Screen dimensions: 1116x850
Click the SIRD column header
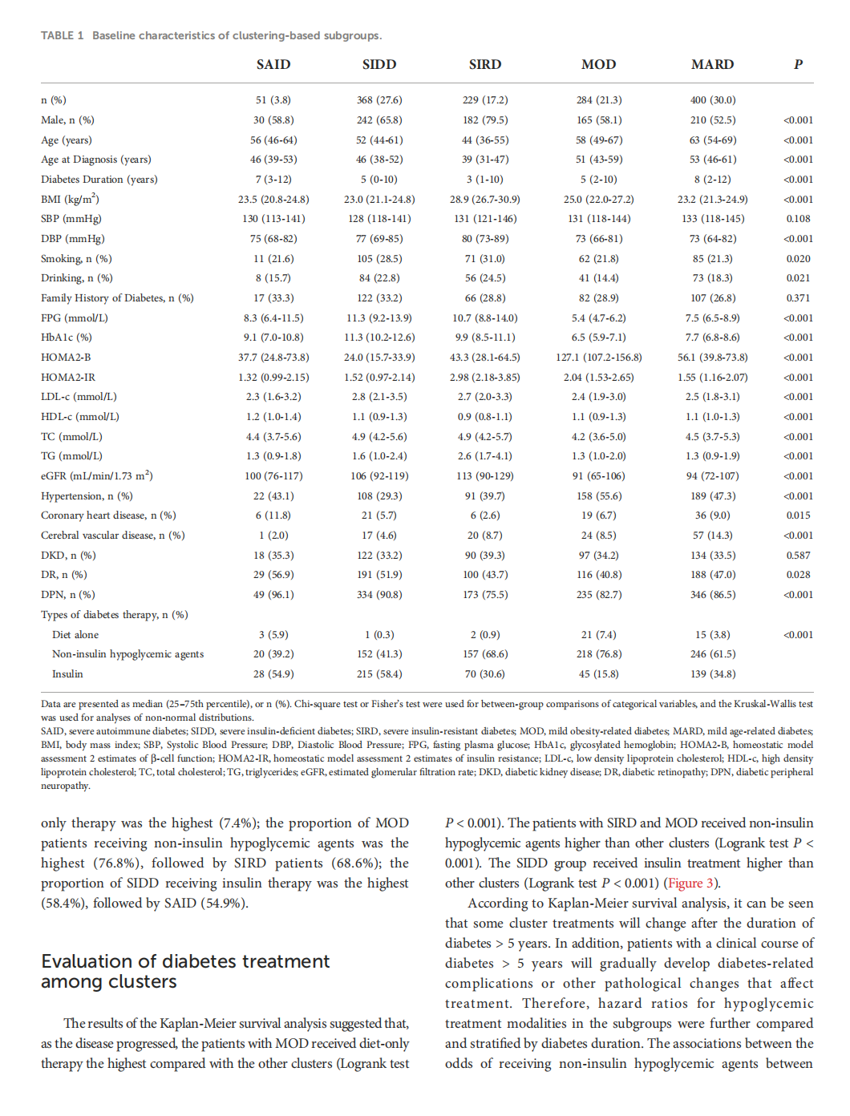click(x=485, y=64)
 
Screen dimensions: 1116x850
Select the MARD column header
click(x=712, y=64)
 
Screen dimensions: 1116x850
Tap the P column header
click(x=798, y=64)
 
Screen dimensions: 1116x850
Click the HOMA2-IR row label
click(x=68, y=377)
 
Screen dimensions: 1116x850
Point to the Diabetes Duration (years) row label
click(x=99, y=179)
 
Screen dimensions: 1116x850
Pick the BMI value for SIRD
click(x=484, y=199)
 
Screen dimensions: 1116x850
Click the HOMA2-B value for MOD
click(x=598, y=357)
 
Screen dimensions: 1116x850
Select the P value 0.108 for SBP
click(x=798, y=218)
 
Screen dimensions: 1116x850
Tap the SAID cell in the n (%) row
click(x=273, y=100)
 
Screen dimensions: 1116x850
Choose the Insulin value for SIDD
click(x=379, y=673)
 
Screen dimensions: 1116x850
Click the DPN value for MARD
click(x=712, y=594)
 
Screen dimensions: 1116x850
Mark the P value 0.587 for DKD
click(x=798, y=555)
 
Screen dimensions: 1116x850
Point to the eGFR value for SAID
click(x=273, y=475)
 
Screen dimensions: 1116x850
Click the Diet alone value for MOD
click(x=598, y=634)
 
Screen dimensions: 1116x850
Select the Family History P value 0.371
click(x=798, y=297)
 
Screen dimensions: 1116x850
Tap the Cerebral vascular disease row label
click(x=113, y=535)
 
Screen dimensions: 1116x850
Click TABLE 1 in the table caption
click(x=63, y=35)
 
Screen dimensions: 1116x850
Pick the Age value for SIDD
click(x=379, y=139)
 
